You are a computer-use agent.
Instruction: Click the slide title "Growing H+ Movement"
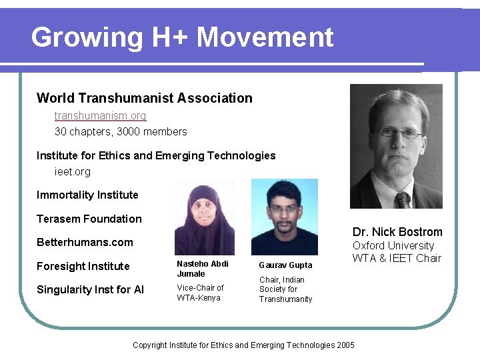[182, 37]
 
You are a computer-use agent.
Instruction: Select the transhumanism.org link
[100, 115]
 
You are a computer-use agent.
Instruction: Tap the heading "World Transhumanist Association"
[145, 98]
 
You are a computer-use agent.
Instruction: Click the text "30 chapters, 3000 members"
[121, 131]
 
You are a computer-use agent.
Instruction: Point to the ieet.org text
[72, 171]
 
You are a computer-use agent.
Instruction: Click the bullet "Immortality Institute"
[87, 195]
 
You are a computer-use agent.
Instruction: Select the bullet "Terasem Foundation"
[89, 219]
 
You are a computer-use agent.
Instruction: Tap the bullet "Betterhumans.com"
[85, 242]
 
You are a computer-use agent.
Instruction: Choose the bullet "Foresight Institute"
[83, 266]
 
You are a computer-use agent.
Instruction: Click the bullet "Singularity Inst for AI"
[91, 289]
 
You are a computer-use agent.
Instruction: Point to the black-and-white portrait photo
[396, 146]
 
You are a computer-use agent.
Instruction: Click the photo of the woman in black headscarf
[204, 217]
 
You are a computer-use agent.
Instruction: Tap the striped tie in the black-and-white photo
[402, 199]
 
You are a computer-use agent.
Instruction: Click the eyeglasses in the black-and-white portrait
[399, 132]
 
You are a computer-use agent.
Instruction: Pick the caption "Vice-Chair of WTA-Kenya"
[200, 293]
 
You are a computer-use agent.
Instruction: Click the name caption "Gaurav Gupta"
[285, 265]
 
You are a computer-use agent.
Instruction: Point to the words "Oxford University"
[393, 245]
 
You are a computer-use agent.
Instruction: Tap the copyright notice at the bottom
[244, 345]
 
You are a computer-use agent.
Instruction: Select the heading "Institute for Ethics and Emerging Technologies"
[156, 155]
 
